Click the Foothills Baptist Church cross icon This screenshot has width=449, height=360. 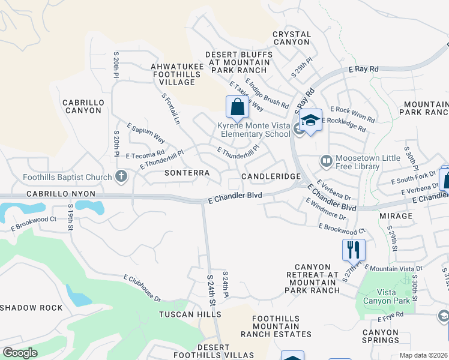tap(121, 176)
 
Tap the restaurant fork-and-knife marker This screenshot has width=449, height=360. tap(353, 248)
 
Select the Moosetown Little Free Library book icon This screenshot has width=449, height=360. tap(326, 161)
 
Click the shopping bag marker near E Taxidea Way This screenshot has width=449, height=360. tap(238, 107)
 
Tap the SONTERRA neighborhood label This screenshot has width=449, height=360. tap(187, 173)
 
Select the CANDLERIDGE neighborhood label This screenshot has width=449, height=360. tap(270, 177)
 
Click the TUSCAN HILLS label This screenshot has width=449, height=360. tap(190, 314)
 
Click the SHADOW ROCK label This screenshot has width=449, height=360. tap(31, 308)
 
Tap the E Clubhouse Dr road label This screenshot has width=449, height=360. tap(142, 288)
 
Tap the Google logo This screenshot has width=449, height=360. tap(20, 352)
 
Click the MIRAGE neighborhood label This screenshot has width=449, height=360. tap(396, 216)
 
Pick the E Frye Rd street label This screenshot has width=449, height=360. tap(391, 313)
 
